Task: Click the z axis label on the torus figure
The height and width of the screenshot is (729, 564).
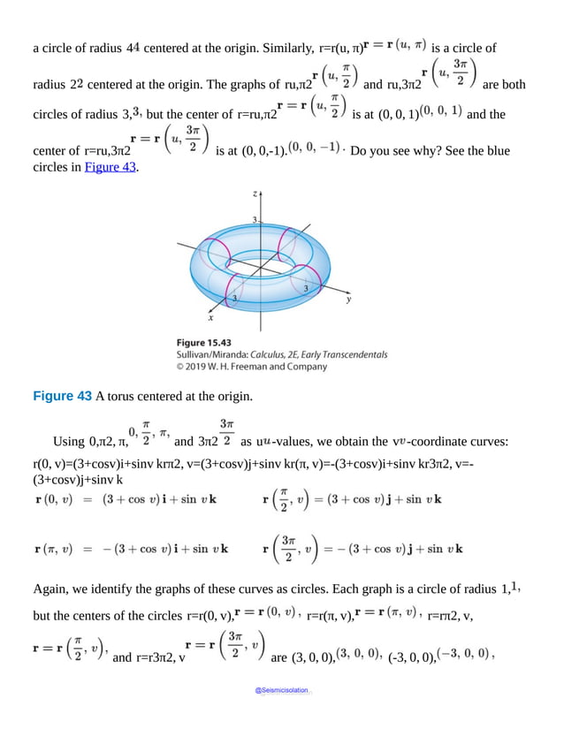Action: pyautogui.click(x=254, y=193)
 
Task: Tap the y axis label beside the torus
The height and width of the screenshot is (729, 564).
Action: pyautogui.click(x=349, y=300)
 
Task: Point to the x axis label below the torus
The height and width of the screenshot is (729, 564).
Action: pyautogui.click(x=210, y=317)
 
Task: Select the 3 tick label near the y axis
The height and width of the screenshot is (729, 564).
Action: pyautogui.click(x=306, y=289)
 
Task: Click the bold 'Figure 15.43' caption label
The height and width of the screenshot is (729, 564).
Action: pyautogui.click(x=203, y=341)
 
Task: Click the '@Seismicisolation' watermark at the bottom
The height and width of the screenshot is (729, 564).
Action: pyautogui.click(x=282, y=690)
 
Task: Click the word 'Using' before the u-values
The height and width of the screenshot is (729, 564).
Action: pyautogui.click(x=69, y=441)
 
